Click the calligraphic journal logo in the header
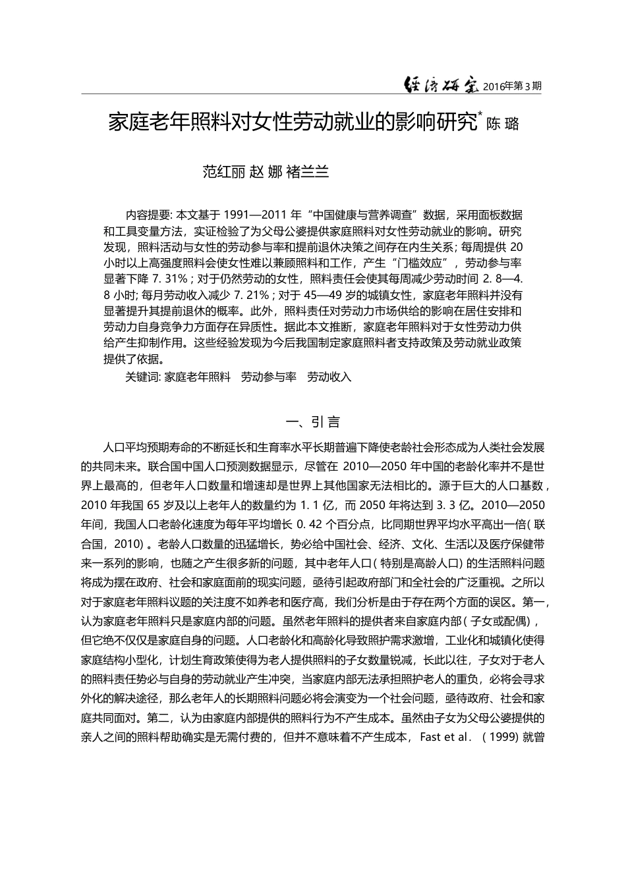click(441, 84)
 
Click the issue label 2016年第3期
click(512, 86)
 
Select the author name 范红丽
click(223, 173)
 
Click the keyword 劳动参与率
click(269, 377)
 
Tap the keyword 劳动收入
click(329, 377)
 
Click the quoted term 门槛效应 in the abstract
click(418, 263)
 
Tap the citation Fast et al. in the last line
click(445, 737)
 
